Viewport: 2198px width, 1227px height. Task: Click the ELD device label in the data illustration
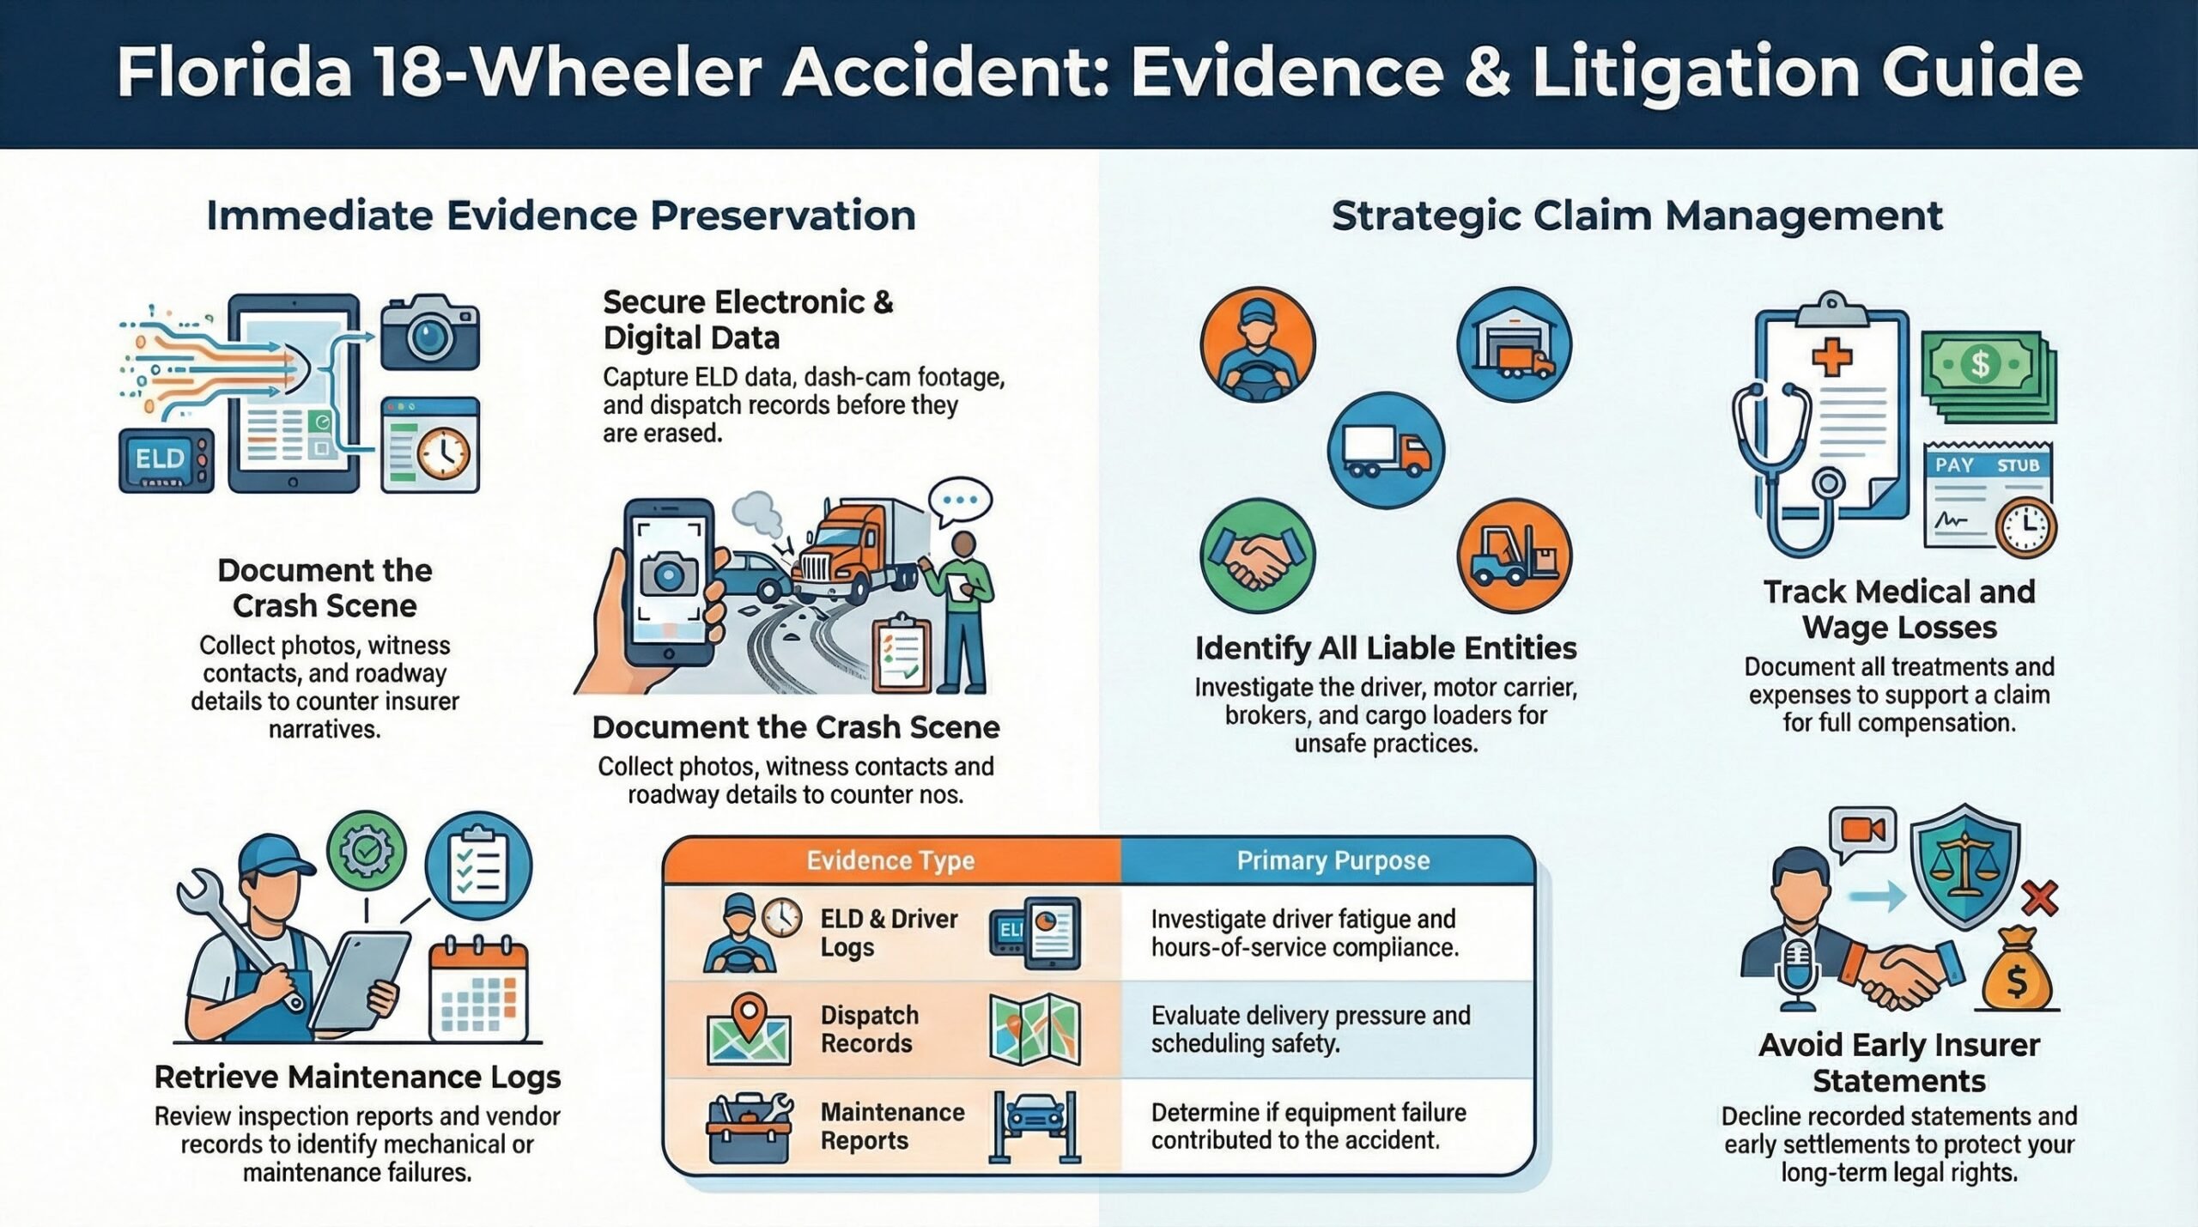click(161, 459)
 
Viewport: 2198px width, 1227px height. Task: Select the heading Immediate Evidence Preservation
click(561, 216)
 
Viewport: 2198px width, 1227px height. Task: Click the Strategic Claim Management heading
click(1636, 216)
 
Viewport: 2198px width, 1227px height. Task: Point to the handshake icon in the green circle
click(1257, 556)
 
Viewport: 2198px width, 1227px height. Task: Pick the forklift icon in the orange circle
click(1514, 556)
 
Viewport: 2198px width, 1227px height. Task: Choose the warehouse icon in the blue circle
click(1514, 345)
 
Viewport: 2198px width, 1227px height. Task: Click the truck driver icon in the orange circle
click(1257, 345)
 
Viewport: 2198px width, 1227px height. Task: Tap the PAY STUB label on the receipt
click(1986, 465)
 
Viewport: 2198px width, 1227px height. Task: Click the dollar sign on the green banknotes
click(1980, 364)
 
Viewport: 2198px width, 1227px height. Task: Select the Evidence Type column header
click(890, 861)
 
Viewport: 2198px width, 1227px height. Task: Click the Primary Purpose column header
click(1333, 861)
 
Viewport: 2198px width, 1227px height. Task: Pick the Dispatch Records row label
click(869, 1030)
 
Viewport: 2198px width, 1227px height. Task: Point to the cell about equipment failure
click(1308, 1127)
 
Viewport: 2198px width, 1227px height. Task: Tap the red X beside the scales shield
click(2039, 898)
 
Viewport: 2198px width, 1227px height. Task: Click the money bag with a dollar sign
click(2016, 972)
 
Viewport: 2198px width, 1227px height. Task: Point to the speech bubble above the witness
click(960, 501)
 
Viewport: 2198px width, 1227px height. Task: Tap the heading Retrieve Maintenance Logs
click(357, 1077)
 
